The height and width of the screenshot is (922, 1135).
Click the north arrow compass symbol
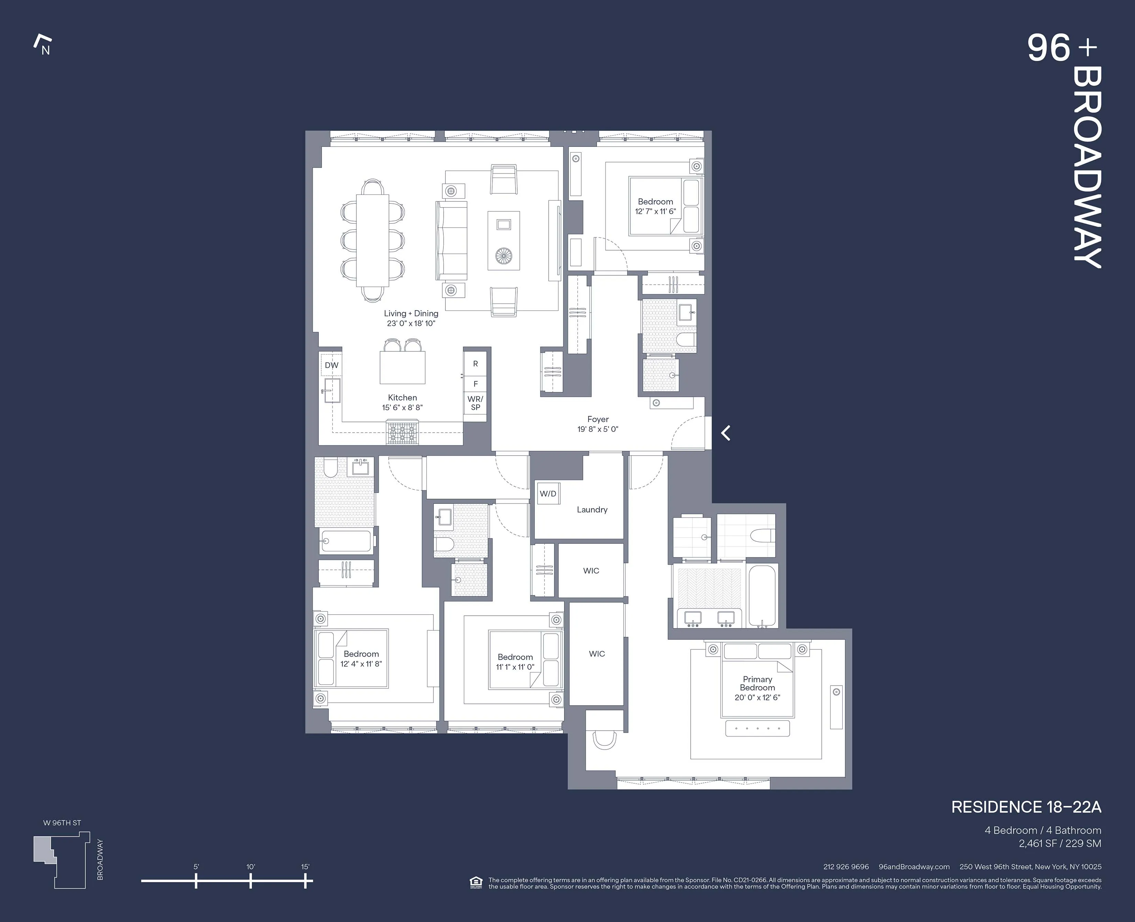[x=42, y=45]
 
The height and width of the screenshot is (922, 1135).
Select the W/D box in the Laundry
[x=548, y=494]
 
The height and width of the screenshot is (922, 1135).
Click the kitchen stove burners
[x=402, y=432]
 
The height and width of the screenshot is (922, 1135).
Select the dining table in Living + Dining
[x=372, y=241]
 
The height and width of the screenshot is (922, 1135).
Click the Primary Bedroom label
[x=757, y=683]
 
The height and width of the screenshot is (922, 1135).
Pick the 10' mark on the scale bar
[x=250, y=881]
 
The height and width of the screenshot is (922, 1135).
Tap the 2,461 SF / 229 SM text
[x=1060, y=844]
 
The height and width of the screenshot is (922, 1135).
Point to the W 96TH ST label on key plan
[x=62, y=823]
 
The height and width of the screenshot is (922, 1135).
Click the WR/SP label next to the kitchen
[x=475, y=403]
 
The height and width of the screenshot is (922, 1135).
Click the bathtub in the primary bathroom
[x=762, y=596]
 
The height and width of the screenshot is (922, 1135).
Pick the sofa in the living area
[x=452, y=241]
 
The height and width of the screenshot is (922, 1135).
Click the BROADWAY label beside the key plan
[x=100, y=859]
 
